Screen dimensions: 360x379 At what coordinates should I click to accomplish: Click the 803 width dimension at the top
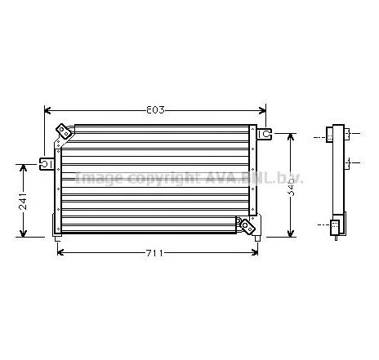[154, 109]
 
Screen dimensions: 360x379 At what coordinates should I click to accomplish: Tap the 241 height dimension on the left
[23, 200]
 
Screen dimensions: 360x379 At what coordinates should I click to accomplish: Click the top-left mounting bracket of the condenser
[63, 131]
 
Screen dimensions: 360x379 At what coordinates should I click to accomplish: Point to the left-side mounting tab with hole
[48, 164]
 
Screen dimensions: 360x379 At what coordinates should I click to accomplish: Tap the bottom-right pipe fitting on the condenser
[244, 224]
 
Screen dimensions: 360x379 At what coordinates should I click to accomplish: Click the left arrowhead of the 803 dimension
[47, 109]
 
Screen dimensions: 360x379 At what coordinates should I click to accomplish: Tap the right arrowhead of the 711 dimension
[253, 252]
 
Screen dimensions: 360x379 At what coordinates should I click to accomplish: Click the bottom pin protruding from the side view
[336, 238]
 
